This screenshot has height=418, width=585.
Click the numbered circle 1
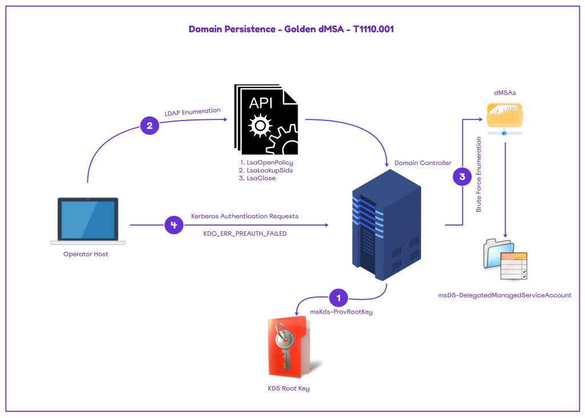339,298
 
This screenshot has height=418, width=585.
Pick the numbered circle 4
174,226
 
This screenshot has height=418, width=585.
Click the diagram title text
291,29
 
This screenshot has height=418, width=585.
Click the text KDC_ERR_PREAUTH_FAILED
245,234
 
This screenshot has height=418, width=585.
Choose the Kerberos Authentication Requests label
245,216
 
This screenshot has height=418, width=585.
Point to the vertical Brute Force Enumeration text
479,174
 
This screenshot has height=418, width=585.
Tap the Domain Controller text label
423,163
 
